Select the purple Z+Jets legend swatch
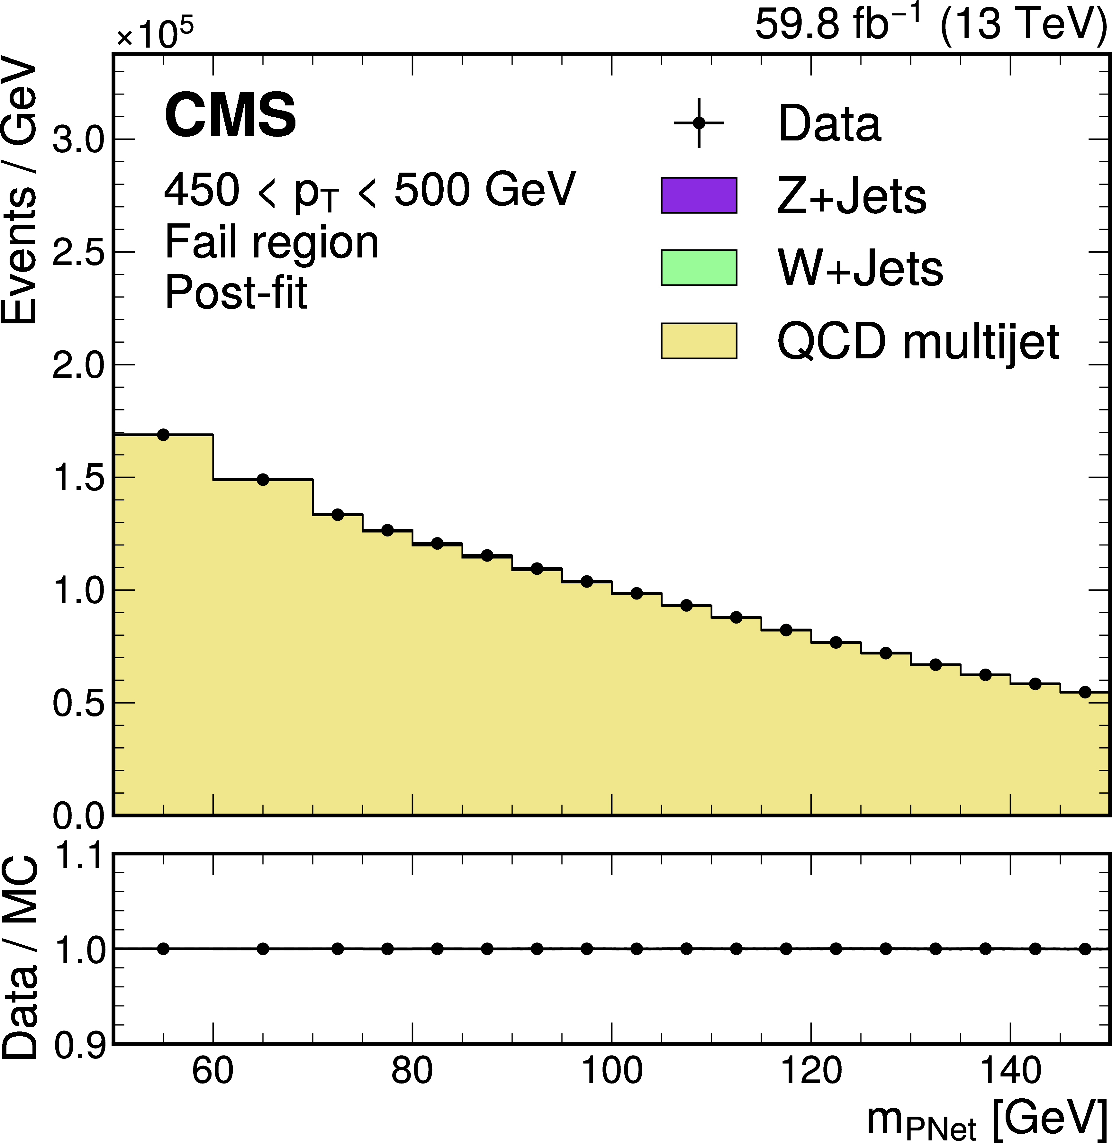click(x=699, y=195)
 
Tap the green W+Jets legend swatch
click(x=699, y=267)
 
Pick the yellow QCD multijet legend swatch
click(x=699, y=340)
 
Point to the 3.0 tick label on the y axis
click(x=78, y=140)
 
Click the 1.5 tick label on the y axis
click(x=78, y=478)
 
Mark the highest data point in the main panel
click(x=164, y=435)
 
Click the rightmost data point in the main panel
click(x=1085, y=692)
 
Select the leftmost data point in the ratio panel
click(x=164, y=949)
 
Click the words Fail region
click(x=272, y=242)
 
